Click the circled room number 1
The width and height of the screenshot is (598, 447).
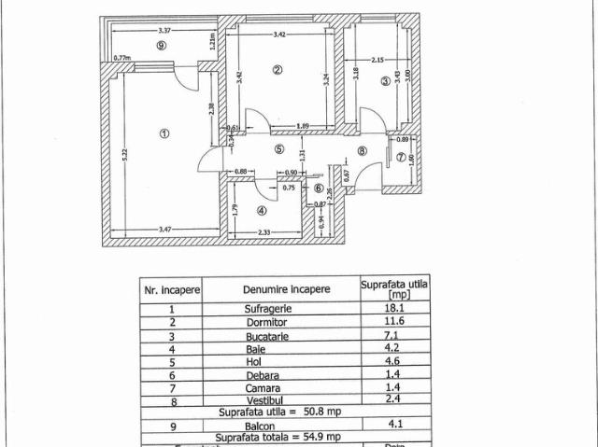click(164, 133)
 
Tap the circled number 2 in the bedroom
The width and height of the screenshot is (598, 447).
click(277, 69)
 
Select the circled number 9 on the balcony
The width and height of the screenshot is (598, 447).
click(162, 45)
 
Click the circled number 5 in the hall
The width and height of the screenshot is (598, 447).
click(278, 148)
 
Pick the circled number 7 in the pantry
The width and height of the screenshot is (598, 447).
click(400, 157)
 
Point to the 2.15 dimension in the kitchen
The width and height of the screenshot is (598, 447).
click(375, 61)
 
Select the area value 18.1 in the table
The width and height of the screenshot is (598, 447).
click(393, 308)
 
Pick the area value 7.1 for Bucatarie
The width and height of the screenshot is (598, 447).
click(393, 334)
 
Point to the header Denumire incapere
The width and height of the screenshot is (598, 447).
click(286, 289)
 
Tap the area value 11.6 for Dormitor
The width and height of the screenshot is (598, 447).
click(393, 321)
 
